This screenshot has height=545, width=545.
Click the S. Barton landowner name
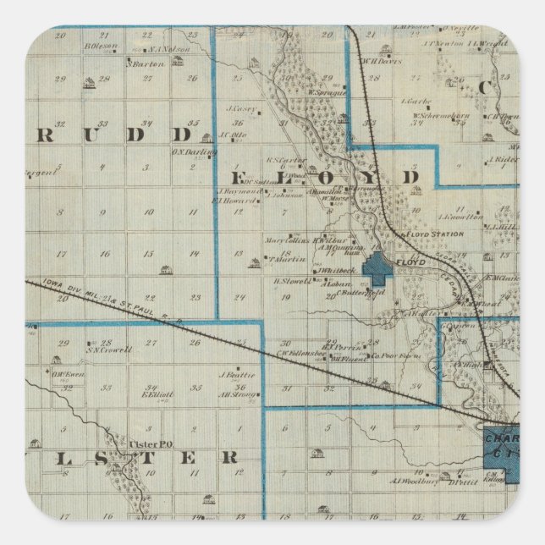coord(145,61)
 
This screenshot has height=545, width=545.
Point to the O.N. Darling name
coord(195,152)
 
